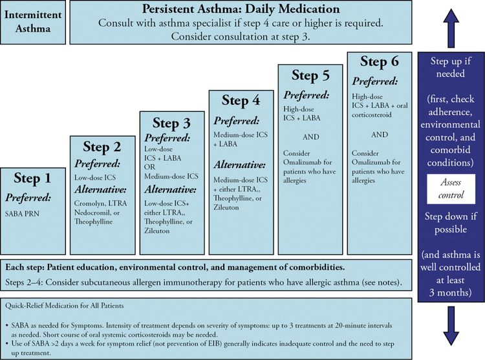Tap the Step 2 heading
pos(102,147)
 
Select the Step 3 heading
pos(171,123)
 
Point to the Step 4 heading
pos(241,100)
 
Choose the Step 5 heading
pos(310,76)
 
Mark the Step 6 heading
pos(379,62)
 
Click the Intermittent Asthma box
pos(34,21)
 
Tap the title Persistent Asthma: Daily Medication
pos(241,10)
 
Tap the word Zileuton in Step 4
pos(227,209)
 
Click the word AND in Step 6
pos(380,135)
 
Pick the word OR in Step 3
pos(151,167)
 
